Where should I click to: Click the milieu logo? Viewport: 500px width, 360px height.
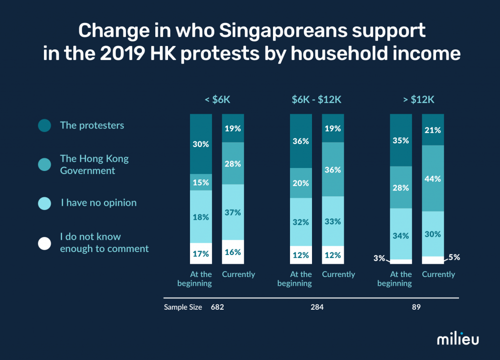458,339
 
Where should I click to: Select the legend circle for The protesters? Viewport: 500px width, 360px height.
44,126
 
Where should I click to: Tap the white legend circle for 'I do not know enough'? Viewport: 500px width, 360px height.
44,243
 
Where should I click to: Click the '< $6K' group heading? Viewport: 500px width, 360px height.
217,100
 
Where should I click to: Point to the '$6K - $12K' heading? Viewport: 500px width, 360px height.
316,100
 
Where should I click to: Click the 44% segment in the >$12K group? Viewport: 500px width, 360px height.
433,178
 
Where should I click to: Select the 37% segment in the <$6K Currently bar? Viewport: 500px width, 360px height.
233,212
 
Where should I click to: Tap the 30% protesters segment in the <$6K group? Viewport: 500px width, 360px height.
201,144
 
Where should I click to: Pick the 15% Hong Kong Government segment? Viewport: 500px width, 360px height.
201,182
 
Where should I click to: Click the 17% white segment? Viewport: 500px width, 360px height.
201,254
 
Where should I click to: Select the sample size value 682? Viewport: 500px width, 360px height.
217,308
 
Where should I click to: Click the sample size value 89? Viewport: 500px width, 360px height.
416,308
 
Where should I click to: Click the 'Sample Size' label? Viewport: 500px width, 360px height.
183,308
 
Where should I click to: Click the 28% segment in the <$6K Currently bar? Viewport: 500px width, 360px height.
233,163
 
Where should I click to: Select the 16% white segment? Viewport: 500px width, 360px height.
233,252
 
